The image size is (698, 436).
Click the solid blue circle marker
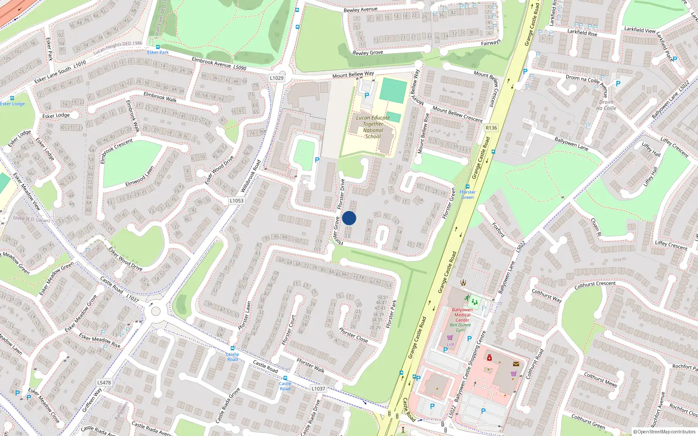(349, 218)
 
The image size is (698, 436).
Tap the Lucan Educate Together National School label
(373, 127)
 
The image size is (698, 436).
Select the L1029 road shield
(277, 78)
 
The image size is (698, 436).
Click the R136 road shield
(491, 128)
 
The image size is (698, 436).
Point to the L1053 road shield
(236, 201)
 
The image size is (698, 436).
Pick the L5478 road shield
(104, 383)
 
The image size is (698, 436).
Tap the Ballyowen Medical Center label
(462, 315)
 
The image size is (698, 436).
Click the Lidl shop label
(450, 344)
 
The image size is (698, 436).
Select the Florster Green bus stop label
(467, 194)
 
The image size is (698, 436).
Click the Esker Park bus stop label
(157, 52)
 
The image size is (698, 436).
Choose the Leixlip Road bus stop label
(233, 357)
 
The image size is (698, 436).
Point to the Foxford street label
(498, 230)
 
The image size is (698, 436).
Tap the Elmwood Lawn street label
(140, 177)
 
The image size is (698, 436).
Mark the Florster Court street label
(289, 330)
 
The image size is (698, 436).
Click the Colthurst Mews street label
(601, 379)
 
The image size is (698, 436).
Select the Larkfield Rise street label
(582, 33)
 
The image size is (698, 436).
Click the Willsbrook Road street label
(251, 176)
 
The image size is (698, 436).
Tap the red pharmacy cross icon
(489, 358)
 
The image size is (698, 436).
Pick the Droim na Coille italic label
(606, 105)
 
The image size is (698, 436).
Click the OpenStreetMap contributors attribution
(664, 432)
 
